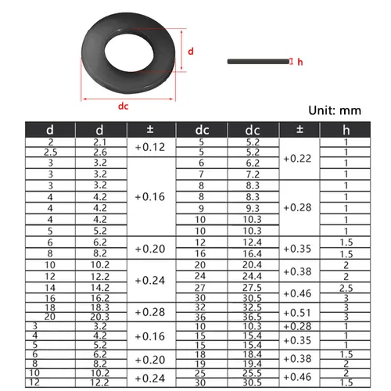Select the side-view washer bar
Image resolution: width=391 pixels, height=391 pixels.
(x=256, y=60)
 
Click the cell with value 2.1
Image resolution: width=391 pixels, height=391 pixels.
(x=100, y=142)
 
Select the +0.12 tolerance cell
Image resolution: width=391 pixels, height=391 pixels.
(x=150, y=147)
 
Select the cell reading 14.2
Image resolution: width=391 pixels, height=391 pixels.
(x=100, y=287)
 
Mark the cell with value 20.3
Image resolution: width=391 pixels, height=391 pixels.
(x=100, y=317)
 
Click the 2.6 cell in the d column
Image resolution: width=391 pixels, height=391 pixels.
(x=100, y=152)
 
